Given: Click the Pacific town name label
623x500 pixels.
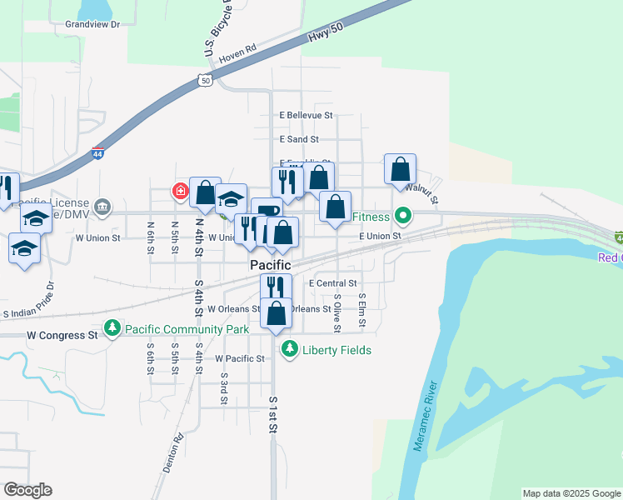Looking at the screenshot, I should coord(271,264).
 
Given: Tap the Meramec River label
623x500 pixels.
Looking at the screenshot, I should coord(425,417).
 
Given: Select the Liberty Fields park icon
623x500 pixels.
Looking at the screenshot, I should coord(289,349).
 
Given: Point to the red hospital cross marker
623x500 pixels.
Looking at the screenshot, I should coord(180,192).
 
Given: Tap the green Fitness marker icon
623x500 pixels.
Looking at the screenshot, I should coord(403,217).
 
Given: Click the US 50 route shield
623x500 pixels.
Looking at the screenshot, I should coord(205,80).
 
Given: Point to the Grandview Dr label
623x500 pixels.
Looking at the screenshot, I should coord(92,24).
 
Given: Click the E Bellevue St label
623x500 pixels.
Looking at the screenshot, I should coord(306,115).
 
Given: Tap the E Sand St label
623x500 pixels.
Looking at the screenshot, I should coord(299,139).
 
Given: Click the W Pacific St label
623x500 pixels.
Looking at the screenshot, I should coord(239,358).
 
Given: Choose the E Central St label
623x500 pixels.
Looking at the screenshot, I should coord(332,283).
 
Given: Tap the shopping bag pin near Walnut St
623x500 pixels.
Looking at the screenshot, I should coord(400,169).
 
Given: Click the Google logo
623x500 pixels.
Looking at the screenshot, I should coord(27,490).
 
